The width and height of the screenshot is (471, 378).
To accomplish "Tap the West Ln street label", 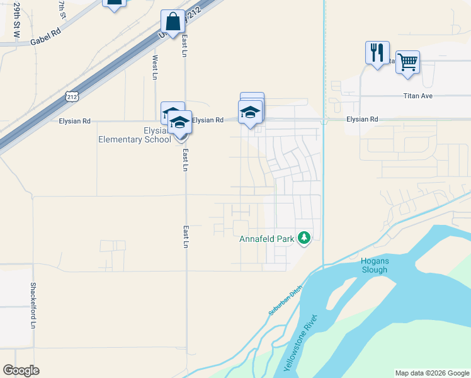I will tap(154, 67).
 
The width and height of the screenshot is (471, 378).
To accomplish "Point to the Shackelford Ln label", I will tap(33, 305).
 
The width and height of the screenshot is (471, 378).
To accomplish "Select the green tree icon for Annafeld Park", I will tap(305, 238).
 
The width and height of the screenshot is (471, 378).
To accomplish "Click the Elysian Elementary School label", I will tap(134, 135).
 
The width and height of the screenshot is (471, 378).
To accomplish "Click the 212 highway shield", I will tap(72, 96).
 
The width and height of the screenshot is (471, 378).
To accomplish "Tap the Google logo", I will tap(21, 370).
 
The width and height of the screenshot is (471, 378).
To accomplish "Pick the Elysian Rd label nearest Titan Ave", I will tap(362, 119).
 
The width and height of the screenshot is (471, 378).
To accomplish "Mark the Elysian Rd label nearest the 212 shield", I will tap(74, 120).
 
